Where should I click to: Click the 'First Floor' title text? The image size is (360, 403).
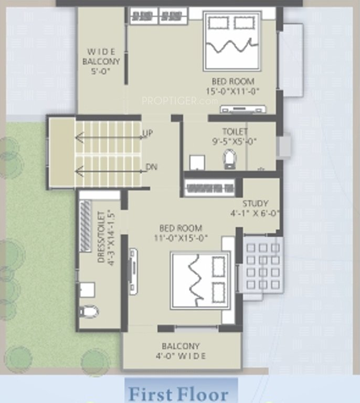(178, 394)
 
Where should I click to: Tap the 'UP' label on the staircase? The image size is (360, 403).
(147, 134)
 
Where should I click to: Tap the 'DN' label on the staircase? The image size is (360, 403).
(152, 167)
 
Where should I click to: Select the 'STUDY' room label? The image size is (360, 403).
(256, 204)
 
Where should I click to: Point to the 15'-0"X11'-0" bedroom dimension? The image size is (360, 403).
(233, 91)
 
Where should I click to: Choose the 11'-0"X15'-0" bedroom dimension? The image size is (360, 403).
(181, 238)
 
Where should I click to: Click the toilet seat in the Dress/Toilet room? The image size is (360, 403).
(89, 312)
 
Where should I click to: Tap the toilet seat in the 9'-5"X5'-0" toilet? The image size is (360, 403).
(230, 158)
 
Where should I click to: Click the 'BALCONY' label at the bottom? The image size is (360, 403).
(181, 346)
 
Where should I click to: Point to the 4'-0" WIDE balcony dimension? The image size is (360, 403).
(181, 356)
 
